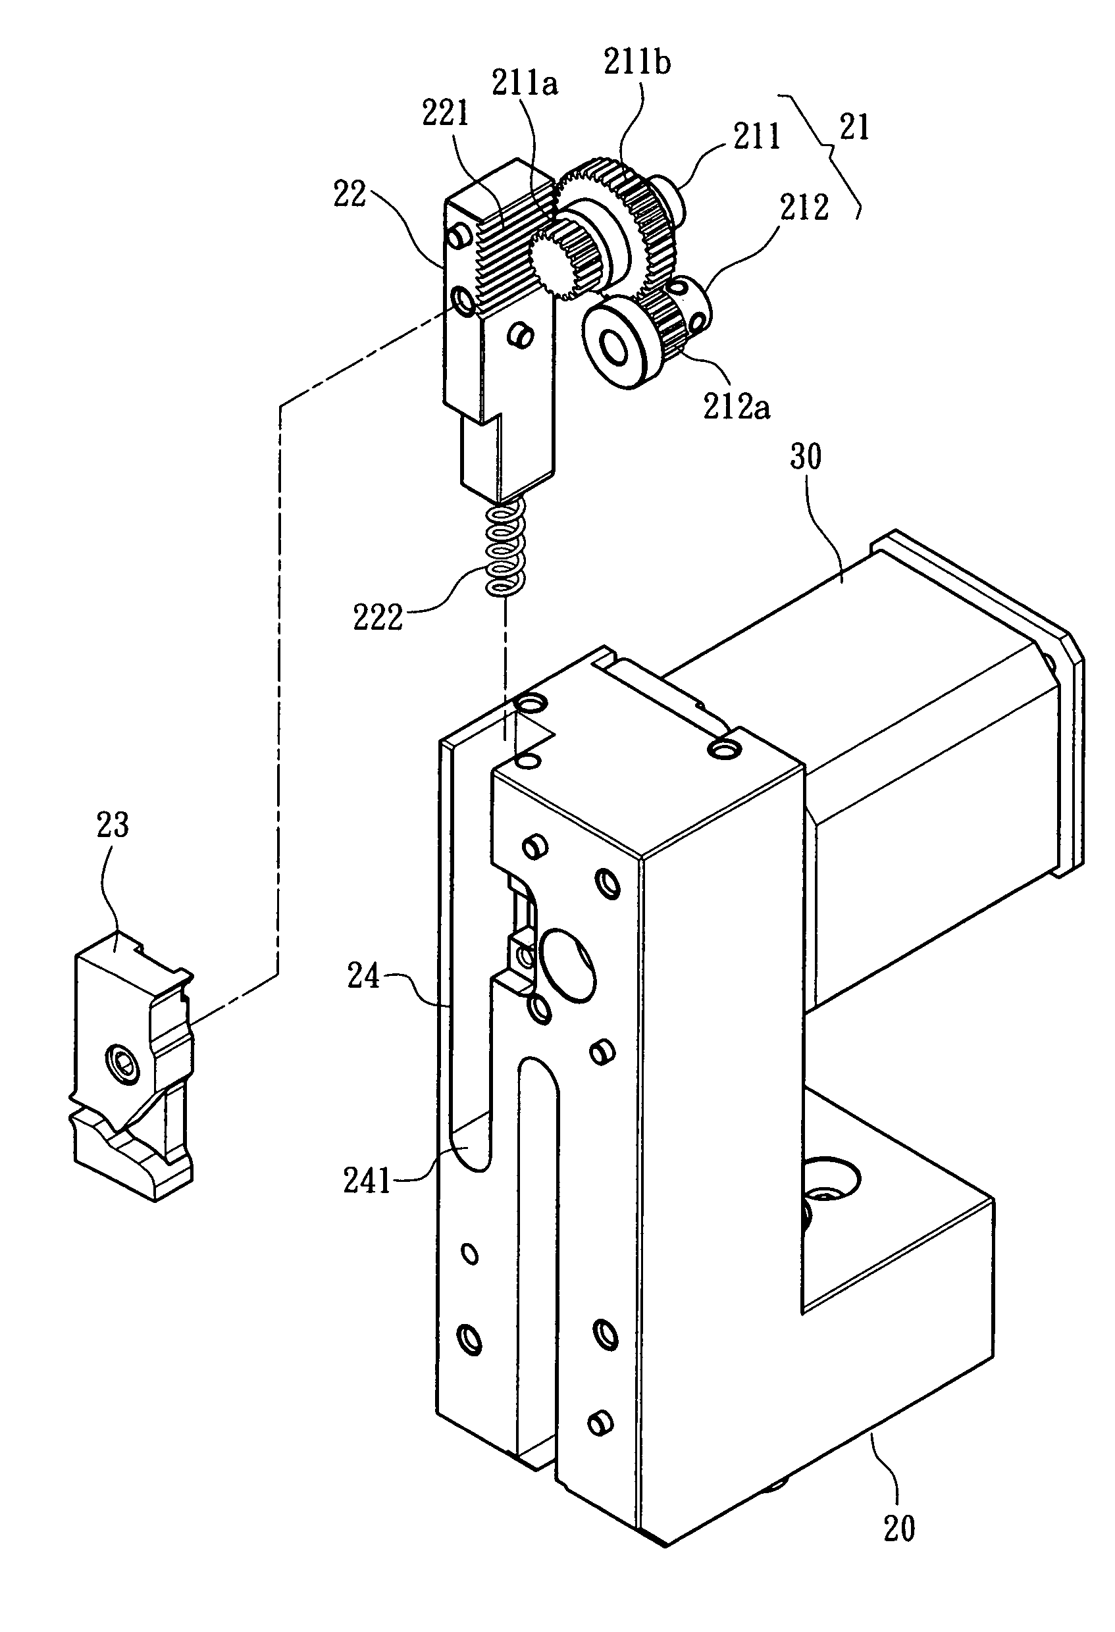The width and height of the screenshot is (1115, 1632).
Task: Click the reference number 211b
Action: [x=636, y=63]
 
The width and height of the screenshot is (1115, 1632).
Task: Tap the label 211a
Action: [x=525, y=84]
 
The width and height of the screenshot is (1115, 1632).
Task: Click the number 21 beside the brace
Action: [x=854, y=127]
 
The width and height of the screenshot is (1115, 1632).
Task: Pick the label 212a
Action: [x=737, y=407]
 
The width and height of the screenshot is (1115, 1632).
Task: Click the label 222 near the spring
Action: [x=377, y=618]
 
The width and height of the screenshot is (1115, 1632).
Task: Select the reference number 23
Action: [x=113, y=825]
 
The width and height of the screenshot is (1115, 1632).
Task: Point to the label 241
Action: [x=367, y=1181]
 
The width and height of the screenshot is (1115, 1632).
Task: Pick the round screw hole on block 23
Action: [x=122, y=1065]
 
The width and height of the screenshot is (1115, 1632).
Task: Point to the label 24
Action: [x=363, y=977]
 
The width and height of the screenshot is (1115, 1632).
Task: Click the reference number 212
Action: [x=804, y=207]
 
